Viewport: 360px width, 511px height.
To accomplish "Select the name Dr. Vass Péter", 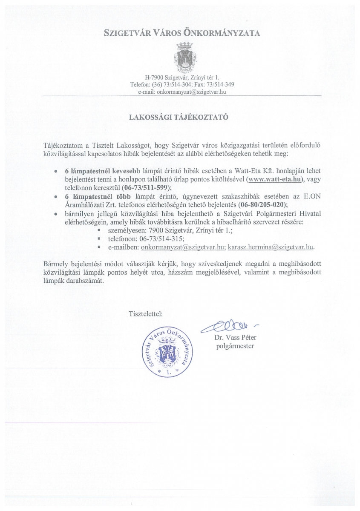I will (233, 338).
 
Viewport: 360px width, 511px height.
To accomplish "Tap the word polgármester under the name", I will (233, 346).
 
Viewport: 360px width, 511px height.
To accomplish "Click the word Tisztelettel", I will (145, 314).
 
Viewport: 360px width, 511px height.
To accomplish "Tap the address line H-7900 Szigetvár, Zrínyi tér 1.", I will (181, 78).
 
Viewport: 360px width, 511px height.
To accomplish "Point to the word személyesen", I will (124, 230).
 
